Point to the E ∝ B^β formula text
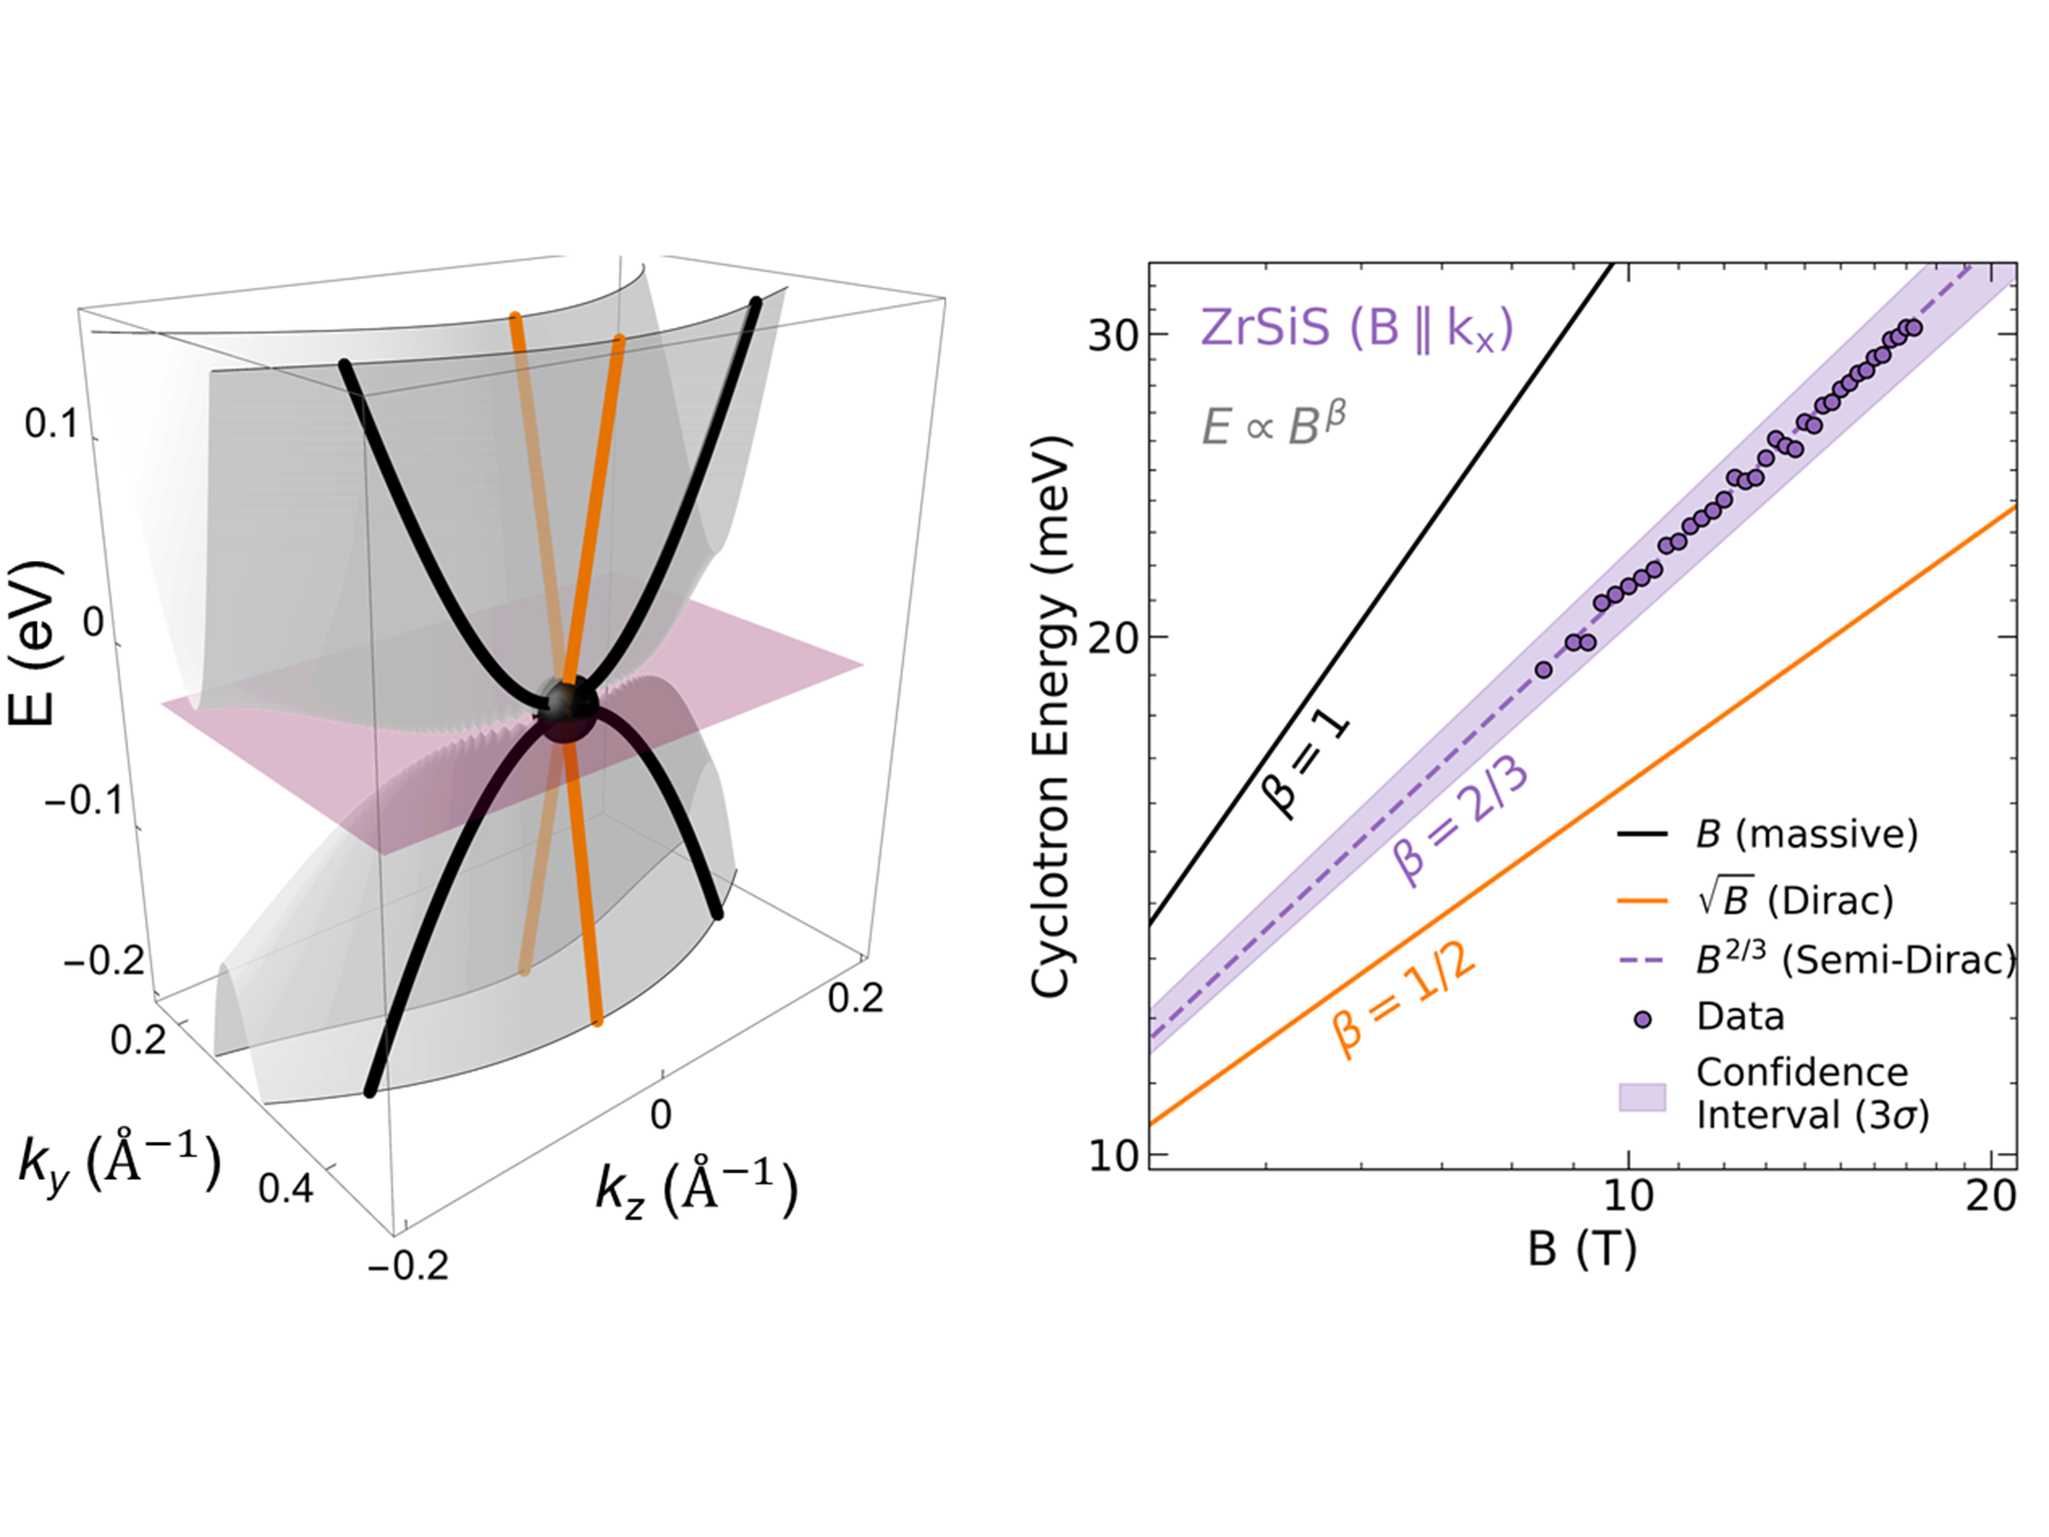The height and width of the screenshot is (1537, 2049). (1273, 425)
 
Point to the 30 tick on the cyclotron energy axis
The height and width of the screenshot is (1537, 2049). (1113, 336)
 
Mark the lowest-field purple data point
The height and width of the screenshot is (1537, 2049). (1544, 669)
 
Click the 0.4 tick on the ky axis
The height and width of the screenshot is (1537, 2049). (285, 1188)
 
